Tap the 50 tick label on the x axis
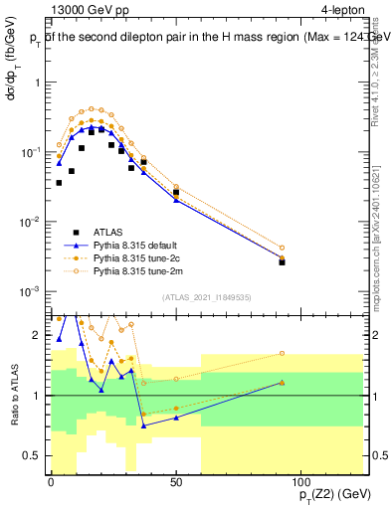click(176, 482)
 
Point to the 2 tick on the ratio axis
click(39, 335)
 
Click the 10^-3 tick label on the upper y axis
click(31, 291)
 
